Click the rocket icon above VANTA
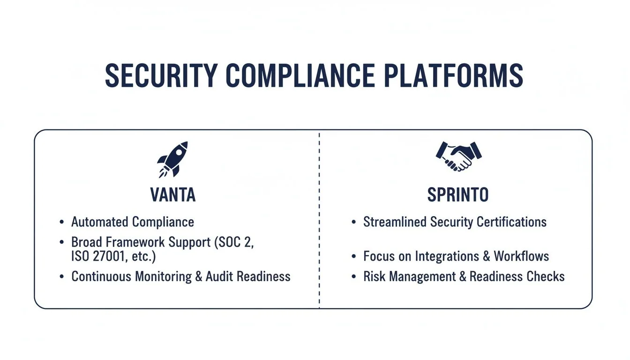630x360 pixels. tap(172, 159)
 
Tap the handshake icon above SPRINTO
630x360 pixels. tap(458, 157)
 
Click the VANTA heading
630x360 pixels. tap(173, 195)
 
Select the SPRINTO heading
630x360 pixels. tap(458, 195)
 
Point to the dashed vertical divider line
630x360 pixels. tap(319, 220)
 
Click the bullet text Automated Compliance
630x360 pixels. tap(133, 222)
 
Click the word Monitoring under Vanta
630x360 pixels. tap(164, 277)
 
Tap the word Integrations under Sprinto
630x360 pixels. tap(450, 256)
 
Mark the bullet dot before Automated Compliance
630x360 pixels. tap(62, 222)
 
